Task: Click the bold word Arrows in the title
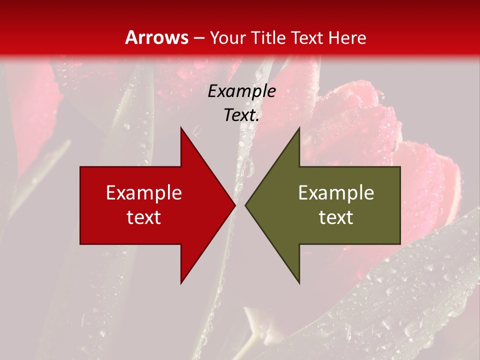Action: coord(156,37)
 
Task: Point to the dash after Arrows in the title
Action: coord(198,38)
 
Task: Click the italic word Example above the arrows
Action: coord(241,91)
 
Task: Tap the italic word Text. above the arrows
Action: coord(241,115)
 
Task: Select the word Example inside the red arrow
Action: coord(144,193)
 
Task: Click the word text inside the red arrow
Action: coord(144,217)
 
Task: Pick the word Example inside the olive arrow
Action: coord(336,193)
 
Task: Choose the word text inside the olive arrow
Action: coord(336,217)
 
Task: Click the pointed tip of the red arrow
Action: coord(234,205)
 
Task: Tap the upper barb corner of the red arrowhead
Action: coord(181,128)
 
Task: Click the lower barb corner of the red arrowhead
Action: coord(181,283)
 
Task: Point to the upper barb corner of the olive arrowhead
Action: coord(299,128)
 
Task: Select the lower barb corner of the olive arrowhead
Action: coord(299,283)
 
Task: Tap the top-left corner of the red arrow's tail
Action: coord(81,167)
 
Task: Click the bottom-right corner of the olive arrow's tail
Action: coord(400,243)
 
